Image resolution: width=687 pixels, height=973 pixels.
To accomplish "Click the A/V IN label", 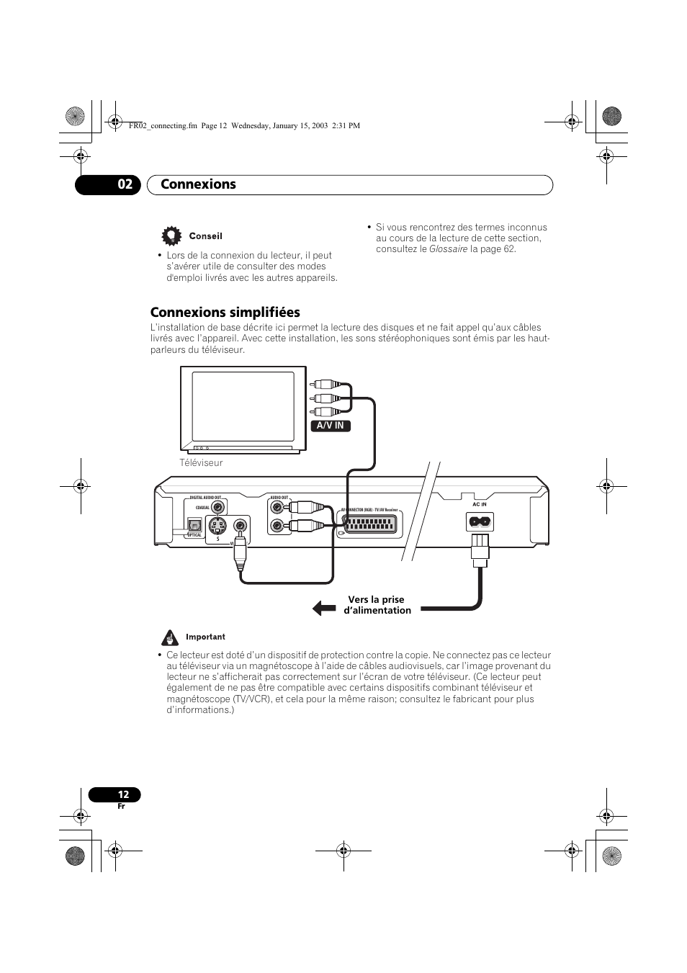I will coord(331,426).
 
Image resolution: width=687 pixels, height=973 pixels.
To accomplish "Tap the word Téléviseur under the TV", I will coord(201,463).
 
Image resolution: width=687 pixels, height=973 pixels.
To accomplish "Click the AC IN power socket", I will coord(480,521).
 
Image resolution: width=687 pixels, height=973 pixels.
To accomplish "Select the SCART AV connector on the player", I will coord(370,524).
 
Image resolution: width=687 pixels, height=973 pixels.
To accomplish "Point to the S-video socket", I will coord(218,526).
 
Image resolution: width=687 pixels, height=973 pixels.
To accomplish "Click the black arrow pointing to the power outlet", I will coord(324,609).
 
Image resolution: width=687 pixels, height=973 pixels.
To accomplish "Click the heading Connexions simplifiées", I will coord(225,312).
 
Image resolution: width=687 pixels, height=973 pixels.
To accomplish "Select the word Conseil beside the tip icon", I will coord(205,236).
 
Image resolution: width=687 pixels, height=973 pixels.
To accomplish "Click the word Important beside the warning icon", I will coord(205,637).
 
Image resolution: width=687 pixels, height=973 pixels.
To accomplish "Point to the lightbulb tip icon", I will coord(171,236).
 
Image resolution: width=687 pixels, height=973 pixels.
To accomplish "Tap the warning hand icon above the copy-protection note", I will coord(170,637).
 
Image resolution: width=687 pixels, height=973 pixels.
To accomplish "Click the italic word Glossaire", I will coord(448,249).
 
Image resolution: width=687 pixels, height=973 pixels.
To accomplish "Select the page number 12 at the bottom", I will coord(123,794).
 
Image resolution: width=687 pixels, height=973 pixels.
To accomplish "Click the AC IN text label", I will coord(480,505).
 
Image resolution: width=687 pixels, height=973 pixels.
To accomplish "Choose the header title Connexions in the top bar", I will coord(198,184).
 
